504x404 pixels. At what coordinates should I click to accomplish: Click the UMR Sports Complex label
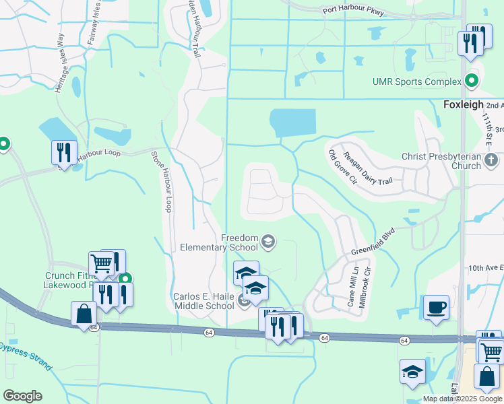417,82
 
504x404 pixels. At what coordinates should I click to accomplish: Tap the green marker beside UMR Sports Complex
472,82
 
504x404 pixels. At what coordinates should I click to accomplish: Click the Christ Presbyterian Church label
450,161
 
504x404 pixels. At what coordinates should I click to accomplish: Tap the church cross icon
491,160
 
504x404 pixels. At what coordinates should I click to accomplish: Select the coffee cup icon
436,307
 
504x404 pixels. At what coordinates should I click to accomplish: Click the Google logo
22,396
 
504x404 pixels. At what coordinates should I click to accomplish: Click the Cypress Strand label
25,356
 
